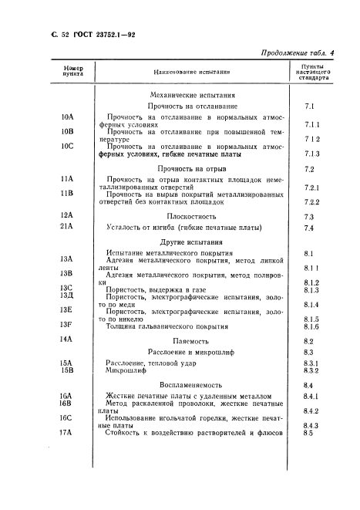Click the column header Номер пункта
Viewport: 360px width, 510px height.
click(66, 72)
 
